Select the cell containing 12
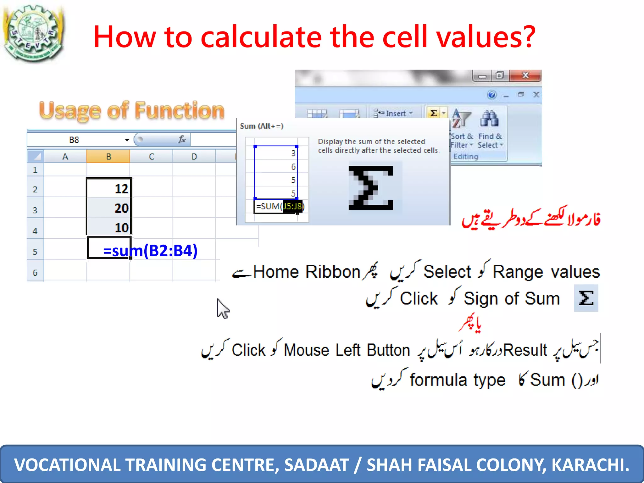pos(108,189)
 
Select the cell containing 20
pos(108,208)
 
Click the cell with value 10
pos(108,228)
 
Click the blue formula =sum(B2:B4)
pos(150,251)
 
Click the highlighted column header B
pos(108,156)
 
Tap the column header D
pos(194,156)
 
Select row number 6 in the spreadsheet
pos(35,272)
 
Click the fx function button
pos(181,139)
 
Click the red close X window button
pos(525,75)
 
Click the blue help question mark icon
pos(491,95)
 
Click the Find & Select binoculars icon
pos(489,119)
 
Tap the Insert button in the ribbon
pos(393,113)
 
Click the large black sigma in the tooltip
pos(370,188)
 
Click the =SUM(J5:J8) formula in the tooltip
pos(279,206)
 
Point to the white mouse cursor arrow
pos(222,308)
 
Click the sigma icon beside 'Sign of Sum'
pos(586,298)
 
